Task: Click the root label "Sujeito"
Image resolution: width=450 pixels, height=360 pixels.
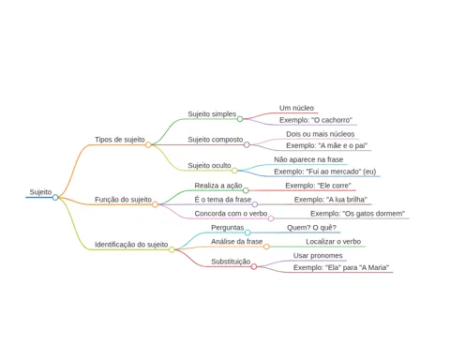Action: tap(40, 192)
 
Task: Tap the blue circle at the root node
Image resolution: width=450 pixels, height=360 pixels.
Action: tap(55, 197)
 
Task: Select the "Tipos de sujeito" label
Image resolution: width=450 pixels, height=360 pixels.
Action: tap(120, 140)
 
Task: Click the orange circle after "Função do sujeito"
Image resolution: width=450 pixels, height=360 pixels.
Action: tap(155, 204)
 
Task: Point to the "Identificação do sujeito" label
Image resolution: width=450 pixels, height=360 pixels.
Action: tap(131, 245)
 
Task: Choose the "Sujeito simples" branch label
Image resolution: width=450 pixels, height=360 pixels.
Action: tap(212, 114)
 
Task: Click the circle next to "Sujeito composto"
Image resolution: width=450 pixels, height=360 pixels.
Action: tap(247, 144)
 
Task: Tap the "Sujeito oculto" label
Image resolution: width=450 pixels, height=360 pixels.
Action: tap(209, 165)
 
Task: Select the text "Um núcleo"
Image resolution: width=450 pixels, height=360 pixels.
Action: tap(296, 108)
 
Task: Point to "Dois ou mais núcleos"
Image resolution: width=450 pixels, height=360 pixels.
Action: tap(321, 134)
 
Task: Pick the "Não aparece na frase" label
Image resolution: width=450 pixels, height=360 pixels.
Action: tap(308, 159)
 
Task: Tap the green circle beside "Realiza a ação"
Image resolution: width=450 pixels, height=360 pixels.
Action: tap(246, 190)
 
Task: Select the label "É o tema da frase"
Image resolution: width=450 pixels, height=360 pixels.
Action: tap(223, 200)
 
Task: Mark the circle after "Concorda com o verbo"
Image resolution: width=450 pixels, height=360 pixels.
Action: tap(271, 218)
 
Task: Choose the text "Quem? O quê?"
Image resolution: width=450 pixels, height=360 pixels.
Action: tap(311, 228)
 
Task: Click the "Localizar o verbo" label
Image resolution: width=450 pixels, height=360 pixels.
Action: tap(334, 242)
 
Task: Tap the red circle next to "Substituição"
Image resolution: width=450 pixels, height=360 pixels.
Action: tap(254, 266)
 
